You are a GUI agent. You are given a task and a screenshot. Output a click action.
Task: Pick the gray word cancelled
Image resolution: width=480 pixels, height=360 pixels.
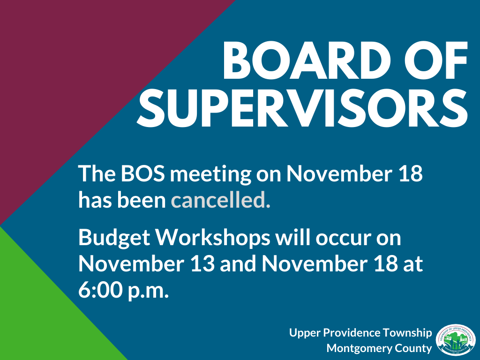(221, 200)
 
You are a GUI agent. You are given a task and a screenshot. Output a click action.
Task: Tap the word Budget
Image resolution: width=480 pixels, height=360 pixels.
(112, 239)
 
